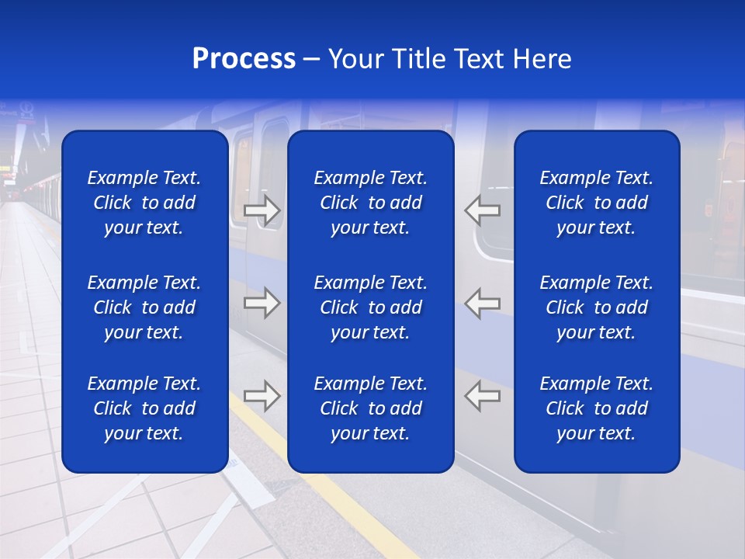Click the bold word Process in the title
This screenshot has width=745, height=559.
244,59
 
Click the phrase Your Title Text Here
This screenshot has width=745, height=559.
449,59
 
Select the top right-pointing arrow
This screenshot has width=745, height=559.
262,210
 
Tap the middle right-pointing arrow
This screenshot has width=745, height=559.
262,303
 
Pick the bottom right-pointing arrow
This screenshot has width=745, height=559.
262,396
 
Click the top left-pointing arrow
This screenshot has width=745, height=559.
483,210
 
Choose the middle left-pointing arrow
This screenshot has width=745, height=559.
483,303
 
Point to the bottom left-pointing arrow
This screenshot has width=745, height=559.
483,396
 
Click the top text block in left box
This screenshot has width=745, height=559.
144,203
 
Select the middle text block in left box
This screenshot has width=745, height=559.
144,307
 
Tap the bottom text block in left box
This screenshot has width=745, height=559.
144,408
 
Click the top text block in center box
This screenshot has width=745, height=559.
371,203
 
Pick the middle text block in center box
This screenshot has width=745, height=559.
371,307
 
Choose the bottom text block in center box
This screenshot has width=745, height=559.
371,408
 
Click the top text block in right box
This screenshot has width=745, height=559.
597,203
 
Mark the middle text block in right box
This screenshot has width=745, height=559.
597,307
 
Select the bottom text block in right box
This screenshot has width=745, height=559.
597,408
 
